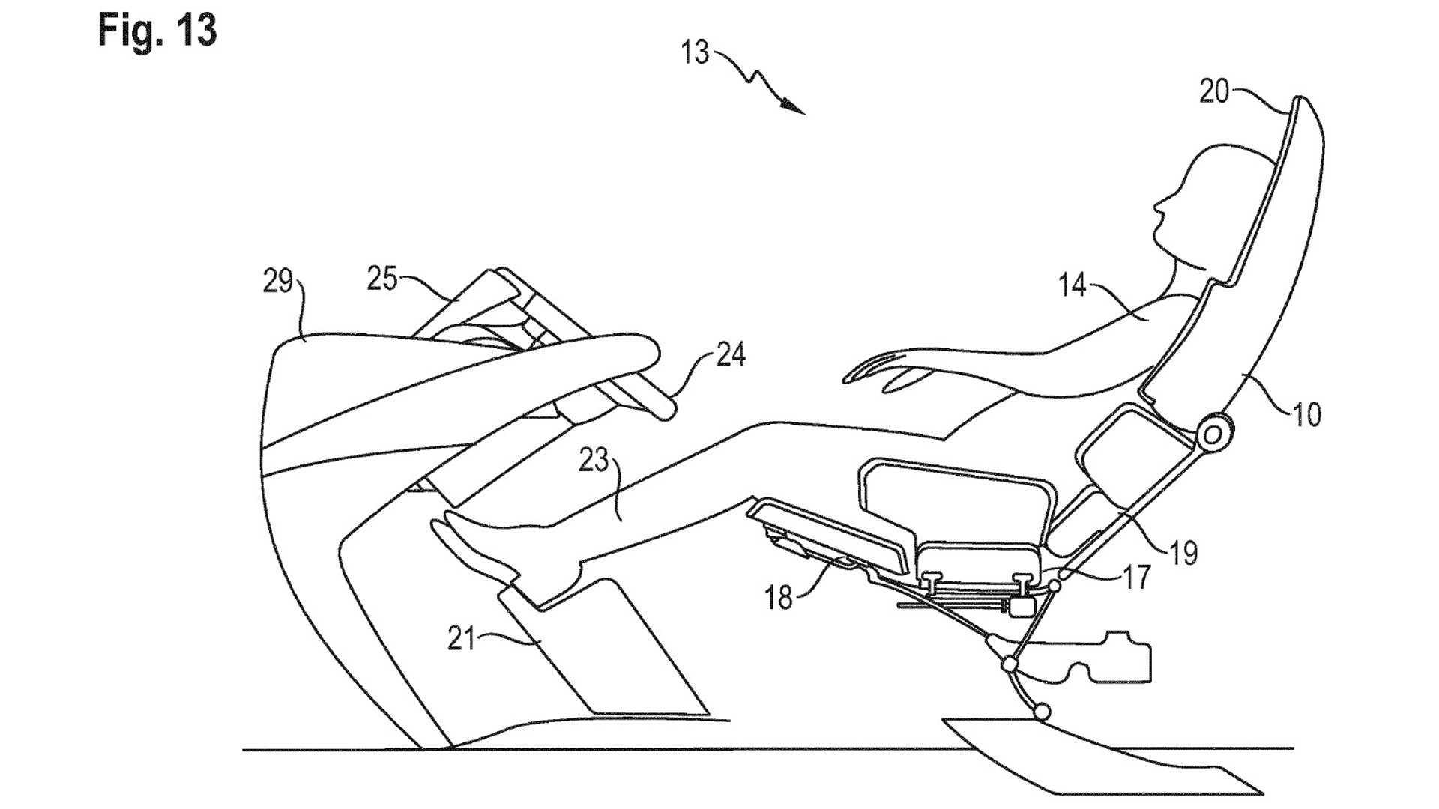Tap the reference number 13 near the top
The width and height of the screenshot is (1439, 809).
coord(695,54)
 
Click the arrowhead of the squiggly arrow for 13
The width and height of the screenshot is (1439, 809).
coord(796,109)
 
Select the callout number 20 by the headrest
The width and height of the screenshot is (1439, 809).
coord(1214,92)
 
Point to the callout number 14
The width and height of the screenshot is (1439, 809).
coord(1073,286)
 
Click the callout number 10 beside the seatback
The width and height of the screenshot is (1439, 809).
coord(1307,414)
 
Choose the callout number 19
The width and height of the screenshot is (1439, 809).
coord(1183,552)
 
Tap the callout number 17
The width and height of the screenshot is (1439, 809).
coord(1136,578)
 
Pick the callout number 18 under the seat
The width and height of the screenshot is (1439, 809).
coord(779,599)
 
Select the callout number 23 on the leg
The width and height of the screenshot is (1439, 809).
coord(593,461)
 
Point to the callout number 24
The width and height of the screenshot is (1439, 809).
coord(731,354)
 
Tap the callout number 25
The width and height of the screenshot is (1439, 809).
coord(381,279)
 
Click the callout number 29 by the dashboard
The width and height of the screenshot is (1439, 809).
coord(277,282)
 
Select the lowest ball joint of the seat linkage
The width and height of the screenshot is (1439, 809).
coord(1041,711)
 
